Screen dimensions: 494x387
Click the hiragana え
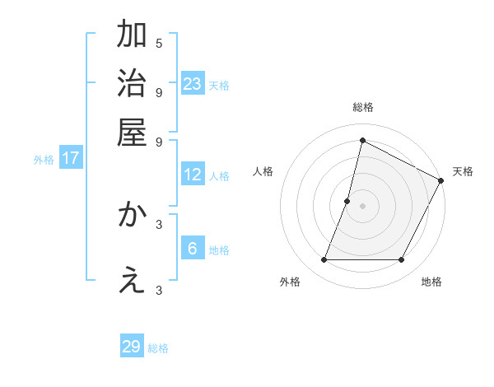tap(132, 281)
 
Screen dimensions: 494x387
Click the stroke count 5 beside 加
tap(159, 43)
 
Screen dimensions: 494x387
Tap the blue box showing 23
tap(193, 83)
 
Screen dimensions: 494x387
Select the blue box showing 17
tap(70, 158)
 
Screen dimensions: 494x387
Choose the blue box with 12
tap(193, 175)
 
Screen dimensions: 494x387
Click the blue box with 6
tap(193, 248)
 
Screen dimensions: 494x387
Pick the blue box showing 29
tap(132, 347)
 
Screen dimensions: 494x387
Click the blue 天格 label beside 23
tap(219, 85)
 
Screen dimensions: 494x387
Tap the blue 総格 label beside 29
tap(158, 348)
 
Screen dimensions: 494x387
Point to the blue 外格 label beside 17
tap(44, 160)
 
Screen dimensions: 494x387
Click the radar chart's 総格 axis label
tap(362, 107)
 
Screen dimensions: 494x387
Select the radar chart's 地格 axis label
tap(431, 282)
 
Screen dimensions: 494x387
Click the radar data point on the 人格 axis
tap(347, 201)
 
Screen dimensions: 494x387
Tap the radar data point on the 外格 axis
tap(324, 260)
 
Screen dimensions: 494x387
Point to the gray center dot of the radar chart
tap(362, 206)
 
